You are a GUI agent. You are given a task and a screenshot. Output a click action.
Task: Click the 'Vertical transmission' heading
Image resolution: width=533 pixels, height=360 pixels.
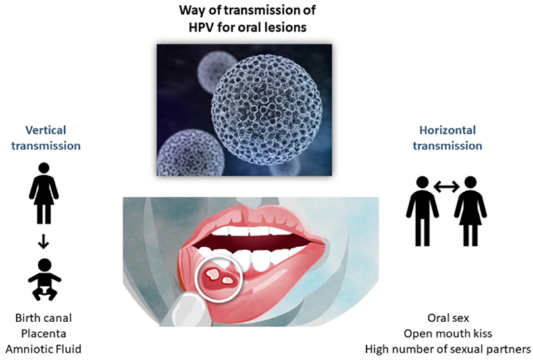tap(46, 138)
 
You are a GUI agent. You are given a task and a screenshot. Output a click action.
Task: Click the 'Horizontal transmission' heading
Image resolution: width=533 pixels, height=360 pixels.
tap(447, 138)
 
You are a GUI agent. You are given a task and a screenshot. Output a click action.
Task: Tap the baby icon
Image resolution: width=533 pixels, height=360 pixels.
tap(44, 280)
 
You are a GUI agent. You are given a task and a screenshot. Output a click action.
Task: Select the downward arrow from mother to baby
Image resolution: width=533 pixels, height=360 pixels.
tap(43, 240)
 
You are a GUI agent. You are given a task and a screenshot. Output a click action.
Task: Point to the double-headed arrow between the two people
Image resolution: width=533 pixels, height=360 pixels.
tap(447, 186)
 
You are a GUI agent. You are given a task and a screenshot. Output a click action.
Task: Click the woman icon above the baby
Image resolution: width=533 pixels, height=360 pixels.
tap(44, 193)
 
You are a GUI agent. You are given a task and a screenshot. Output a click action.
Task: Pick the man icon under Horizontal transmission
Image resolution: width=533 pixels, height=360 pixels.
tap(422, 211)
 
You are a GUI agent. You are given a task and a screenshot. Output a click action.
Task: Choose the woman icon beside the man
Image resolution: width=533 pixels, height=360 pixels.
tap(470, 211)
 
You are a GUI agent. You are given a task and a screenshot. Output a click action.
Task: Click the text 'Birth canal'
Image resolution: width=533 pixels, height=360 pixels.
tap(43, 318)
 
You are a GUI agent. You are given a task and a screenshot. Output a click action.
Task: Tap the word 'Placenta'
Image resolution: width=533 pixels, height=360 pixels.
tap(43, 334)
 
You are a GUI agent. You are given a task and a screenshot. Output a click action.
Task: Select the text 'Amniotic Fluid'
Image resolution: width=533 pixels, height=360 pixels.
tap(43, 349)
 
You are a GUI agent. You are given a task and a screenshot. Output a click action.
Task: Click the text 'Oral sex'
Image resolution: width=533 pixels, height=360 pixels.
tap(448, 318)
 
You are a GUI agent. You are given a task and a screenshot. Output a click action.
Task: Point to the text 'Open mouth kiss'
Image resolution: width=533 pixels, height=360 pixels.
tap(448, 334)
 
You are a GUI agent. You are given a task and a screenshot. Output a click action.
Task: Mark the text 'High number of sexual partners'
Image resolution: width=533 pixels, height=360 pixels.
tap(448, 349)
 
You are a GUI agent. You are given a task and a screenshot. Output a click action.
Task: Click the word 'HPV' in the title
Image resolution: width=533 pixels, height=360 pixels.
tap(202, 27)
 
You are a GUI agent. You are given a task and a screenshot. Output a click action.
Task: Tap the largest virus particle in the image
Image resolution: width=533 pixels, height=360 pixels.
tap(267, 114)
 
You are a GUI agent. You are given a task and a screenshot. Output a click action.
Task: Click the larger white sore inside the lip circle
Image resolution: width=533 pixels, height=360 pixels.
tap(213, 273)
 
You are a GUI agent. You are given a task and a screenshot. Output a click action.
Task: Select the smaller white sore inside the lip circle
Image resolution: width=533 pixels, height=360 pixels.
tap(228, 280)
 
